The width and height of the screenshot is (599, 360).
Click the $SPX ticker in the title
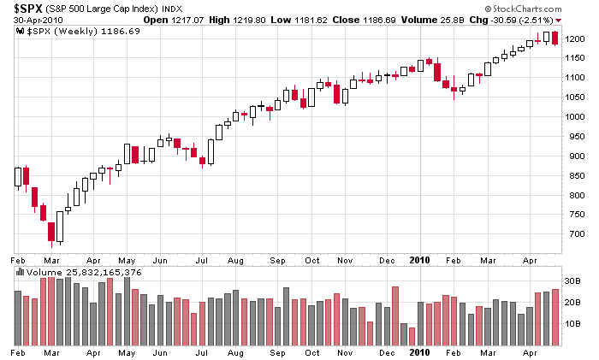[x=28, y=9]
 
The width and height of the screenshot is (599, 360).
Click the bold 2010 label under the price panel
[x=418, y=257]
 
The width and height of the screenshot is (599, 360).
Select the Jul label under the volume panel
[x=201, y=351]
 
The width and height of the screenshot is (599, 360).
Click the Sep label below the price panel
[x=277, y=257]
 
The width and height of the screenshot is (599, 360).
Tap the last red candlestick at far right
[x=555, y=38]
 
